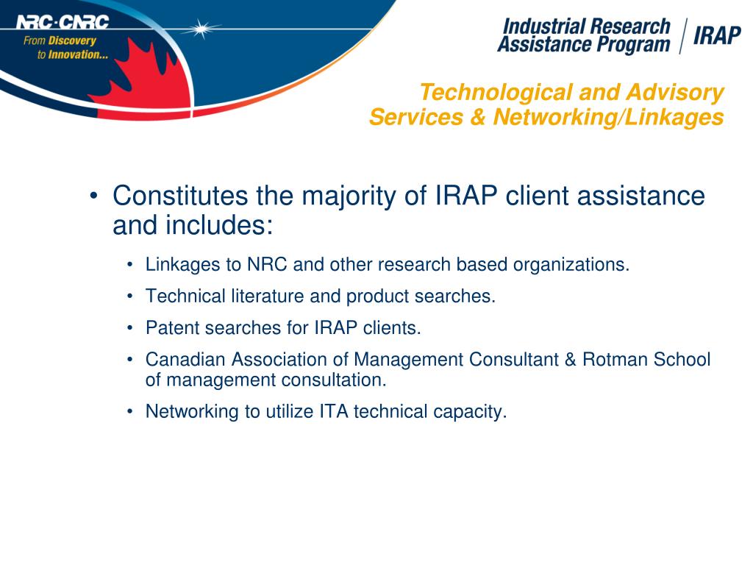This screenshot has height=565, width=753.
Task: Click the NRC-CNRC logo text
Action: [62, 22]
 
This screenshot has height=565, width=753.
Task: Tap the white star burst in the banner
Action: [201, 29]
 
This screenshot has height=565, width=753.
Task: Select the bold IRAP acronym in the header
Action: [716, 36]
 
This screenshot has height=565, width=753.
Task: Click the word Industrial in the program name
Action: [544, 27]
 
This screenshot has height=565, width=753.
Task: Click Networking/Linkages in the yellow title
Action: [609, 117]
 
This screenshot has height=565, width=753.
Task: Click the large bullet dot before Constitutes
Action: [93, 197]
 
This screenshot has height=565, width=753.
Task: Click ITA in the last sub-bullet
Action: [334, 412]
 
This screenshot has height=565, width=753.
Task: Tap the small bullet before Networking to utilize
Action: [130, 412]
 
